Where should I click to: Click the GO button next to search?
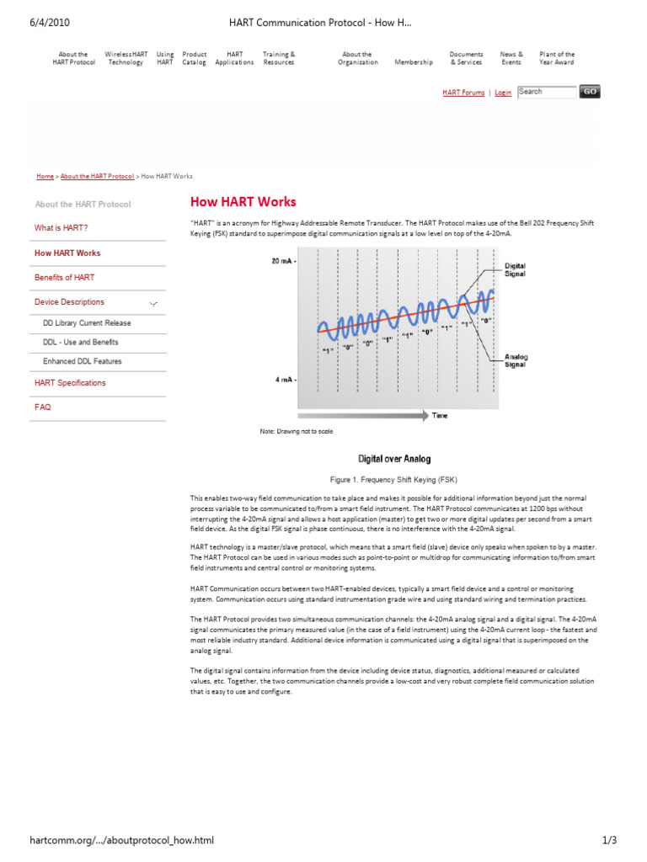(590, 92)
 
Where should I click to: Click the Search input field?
(546, 92)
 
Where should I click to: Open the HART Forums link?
(463, 93)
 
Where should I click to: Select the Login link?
(503, 93)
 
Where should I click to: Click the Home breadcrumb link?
(45, 177)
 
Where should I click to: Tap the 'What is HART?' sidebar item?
(61, 228)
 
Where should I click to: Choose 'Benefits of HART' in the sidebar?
(64, 277)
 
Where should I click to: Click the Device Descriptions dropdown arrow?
(153, 302)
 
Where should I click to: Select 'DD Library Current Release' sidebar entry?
(87, 323)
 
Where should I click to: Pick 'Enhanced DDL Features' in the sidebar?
(82, 361)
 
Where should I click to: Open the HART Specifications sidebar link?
(70, 383)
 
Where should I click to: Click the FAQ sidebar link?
(42, 407)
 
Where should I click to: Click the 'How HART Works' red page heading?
(243, 202)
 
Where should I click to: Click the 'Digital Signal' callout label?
(515, 269)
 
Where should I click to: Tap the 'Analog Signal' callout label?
(516, 361)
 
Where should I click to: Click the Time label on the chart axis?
(440, 415)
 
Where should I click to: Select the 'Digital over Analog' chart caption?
(394, 459)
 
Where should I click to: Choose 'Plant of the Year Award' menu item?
(557, 58)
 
